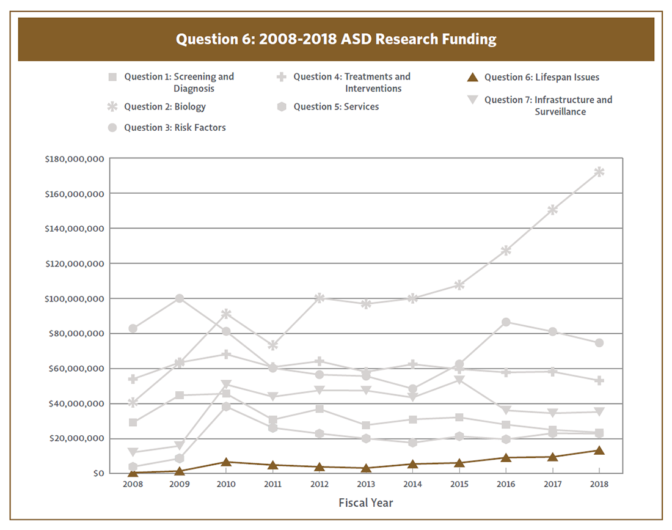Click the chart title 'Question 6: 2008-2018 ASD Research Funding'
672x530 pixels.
(x=336, y=40)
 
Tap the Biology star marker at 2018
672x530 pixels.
(x=599, y=172)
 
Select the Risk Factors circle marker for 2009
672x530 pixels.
(x=180, y=298)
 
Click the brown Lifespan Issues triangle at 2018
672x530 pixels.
(x=599, y=451)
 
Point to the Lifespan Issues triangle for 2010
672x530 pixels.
(x=226, y=462)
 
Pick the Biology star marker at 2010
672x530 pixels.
(x=226, y=314)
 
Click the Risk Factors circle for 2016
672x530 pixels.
(x=506, y=322)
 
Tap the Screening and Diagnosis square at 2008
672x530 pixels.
(x=133, y=422)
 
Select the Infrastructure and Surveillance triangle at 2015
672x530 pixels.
(x=459, y=380)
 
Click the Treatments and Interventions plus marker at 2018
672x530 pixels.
(x=599, y=380)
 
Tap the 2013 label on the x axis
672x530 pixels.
(x=366, y=484)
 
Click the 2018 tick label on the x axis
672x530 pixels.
(x=599, y=484)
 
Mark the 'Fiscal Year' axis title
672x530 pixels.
(x=366, y=503)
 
